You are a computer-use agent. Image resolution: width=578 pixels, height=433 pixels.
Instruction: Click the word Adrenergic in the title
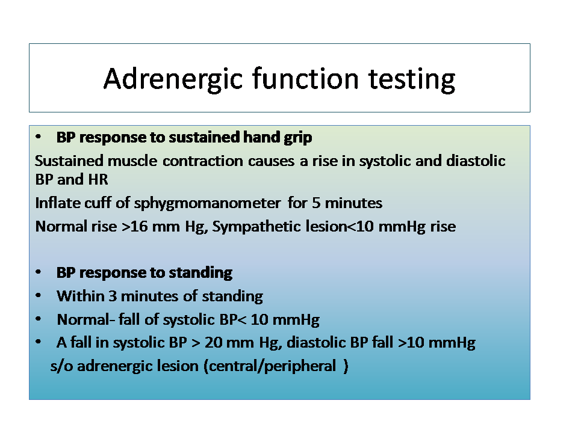[x=173, y=79]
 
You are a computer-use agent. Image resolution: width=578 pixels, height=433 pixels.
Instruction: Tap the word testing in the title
[x=412, y=79]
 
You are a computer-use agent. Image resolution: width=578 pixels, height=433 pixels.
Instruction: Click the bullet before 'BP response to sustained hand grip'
[x=39, y=137]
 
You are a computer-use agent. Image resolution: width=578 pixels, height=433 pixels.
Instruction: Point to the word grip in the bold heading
[x=298, y=138]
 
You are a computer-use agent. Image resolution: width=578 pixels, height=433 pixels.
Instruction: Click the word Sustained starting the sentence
[x=69, y=161]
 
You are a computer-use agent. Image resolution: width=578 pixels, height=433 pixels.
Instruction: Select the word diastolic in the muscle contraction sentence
[x=476, y=161]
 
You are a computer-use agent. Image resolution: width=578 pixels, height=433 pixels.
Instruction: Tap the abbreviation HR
[x=98, y=180]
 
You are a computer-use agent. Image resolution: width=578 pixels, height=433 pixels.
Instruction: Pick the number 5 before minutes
[x=316, y=203]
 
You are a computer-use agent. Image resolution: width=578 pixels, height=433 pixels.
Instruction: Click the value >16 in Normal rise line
[x=134, y=227]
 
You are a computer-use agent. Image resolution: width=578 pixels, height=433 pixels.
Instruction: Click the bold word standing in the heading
[x=200, y=273]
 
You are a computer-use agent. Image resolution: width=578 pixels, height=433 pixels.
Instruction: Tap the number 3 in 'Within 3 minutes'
[x=113, y=296]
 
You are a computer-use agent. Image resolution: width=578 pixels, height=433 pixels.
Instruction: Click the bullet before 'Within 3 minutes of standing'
[x=39, y=296]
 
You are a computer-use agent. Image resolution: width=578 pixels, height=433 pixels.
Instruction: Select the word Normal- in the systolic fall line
[x=86, y=319]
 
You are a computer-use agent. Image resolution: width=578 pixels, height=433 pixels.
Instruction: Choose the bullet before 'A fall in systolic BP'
[x=39, y=342]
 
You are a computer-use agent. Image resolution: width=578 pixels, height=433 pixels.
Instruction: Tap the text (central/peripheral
[x=270, y=366]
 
